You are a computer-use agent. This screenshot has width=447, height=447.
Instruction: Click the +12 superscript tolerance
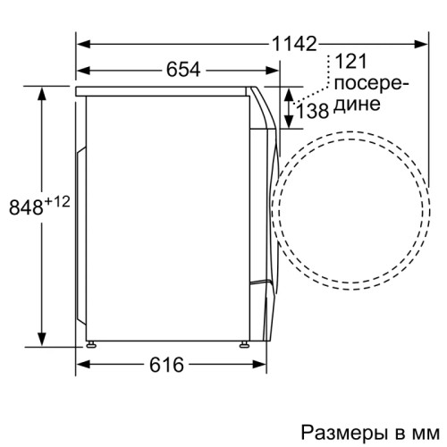58,202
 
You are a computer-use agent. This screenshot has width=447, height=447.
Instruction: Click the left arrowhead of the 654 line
82,68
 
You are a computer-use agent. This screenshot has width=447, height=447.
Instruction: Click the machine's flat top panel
165,90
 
